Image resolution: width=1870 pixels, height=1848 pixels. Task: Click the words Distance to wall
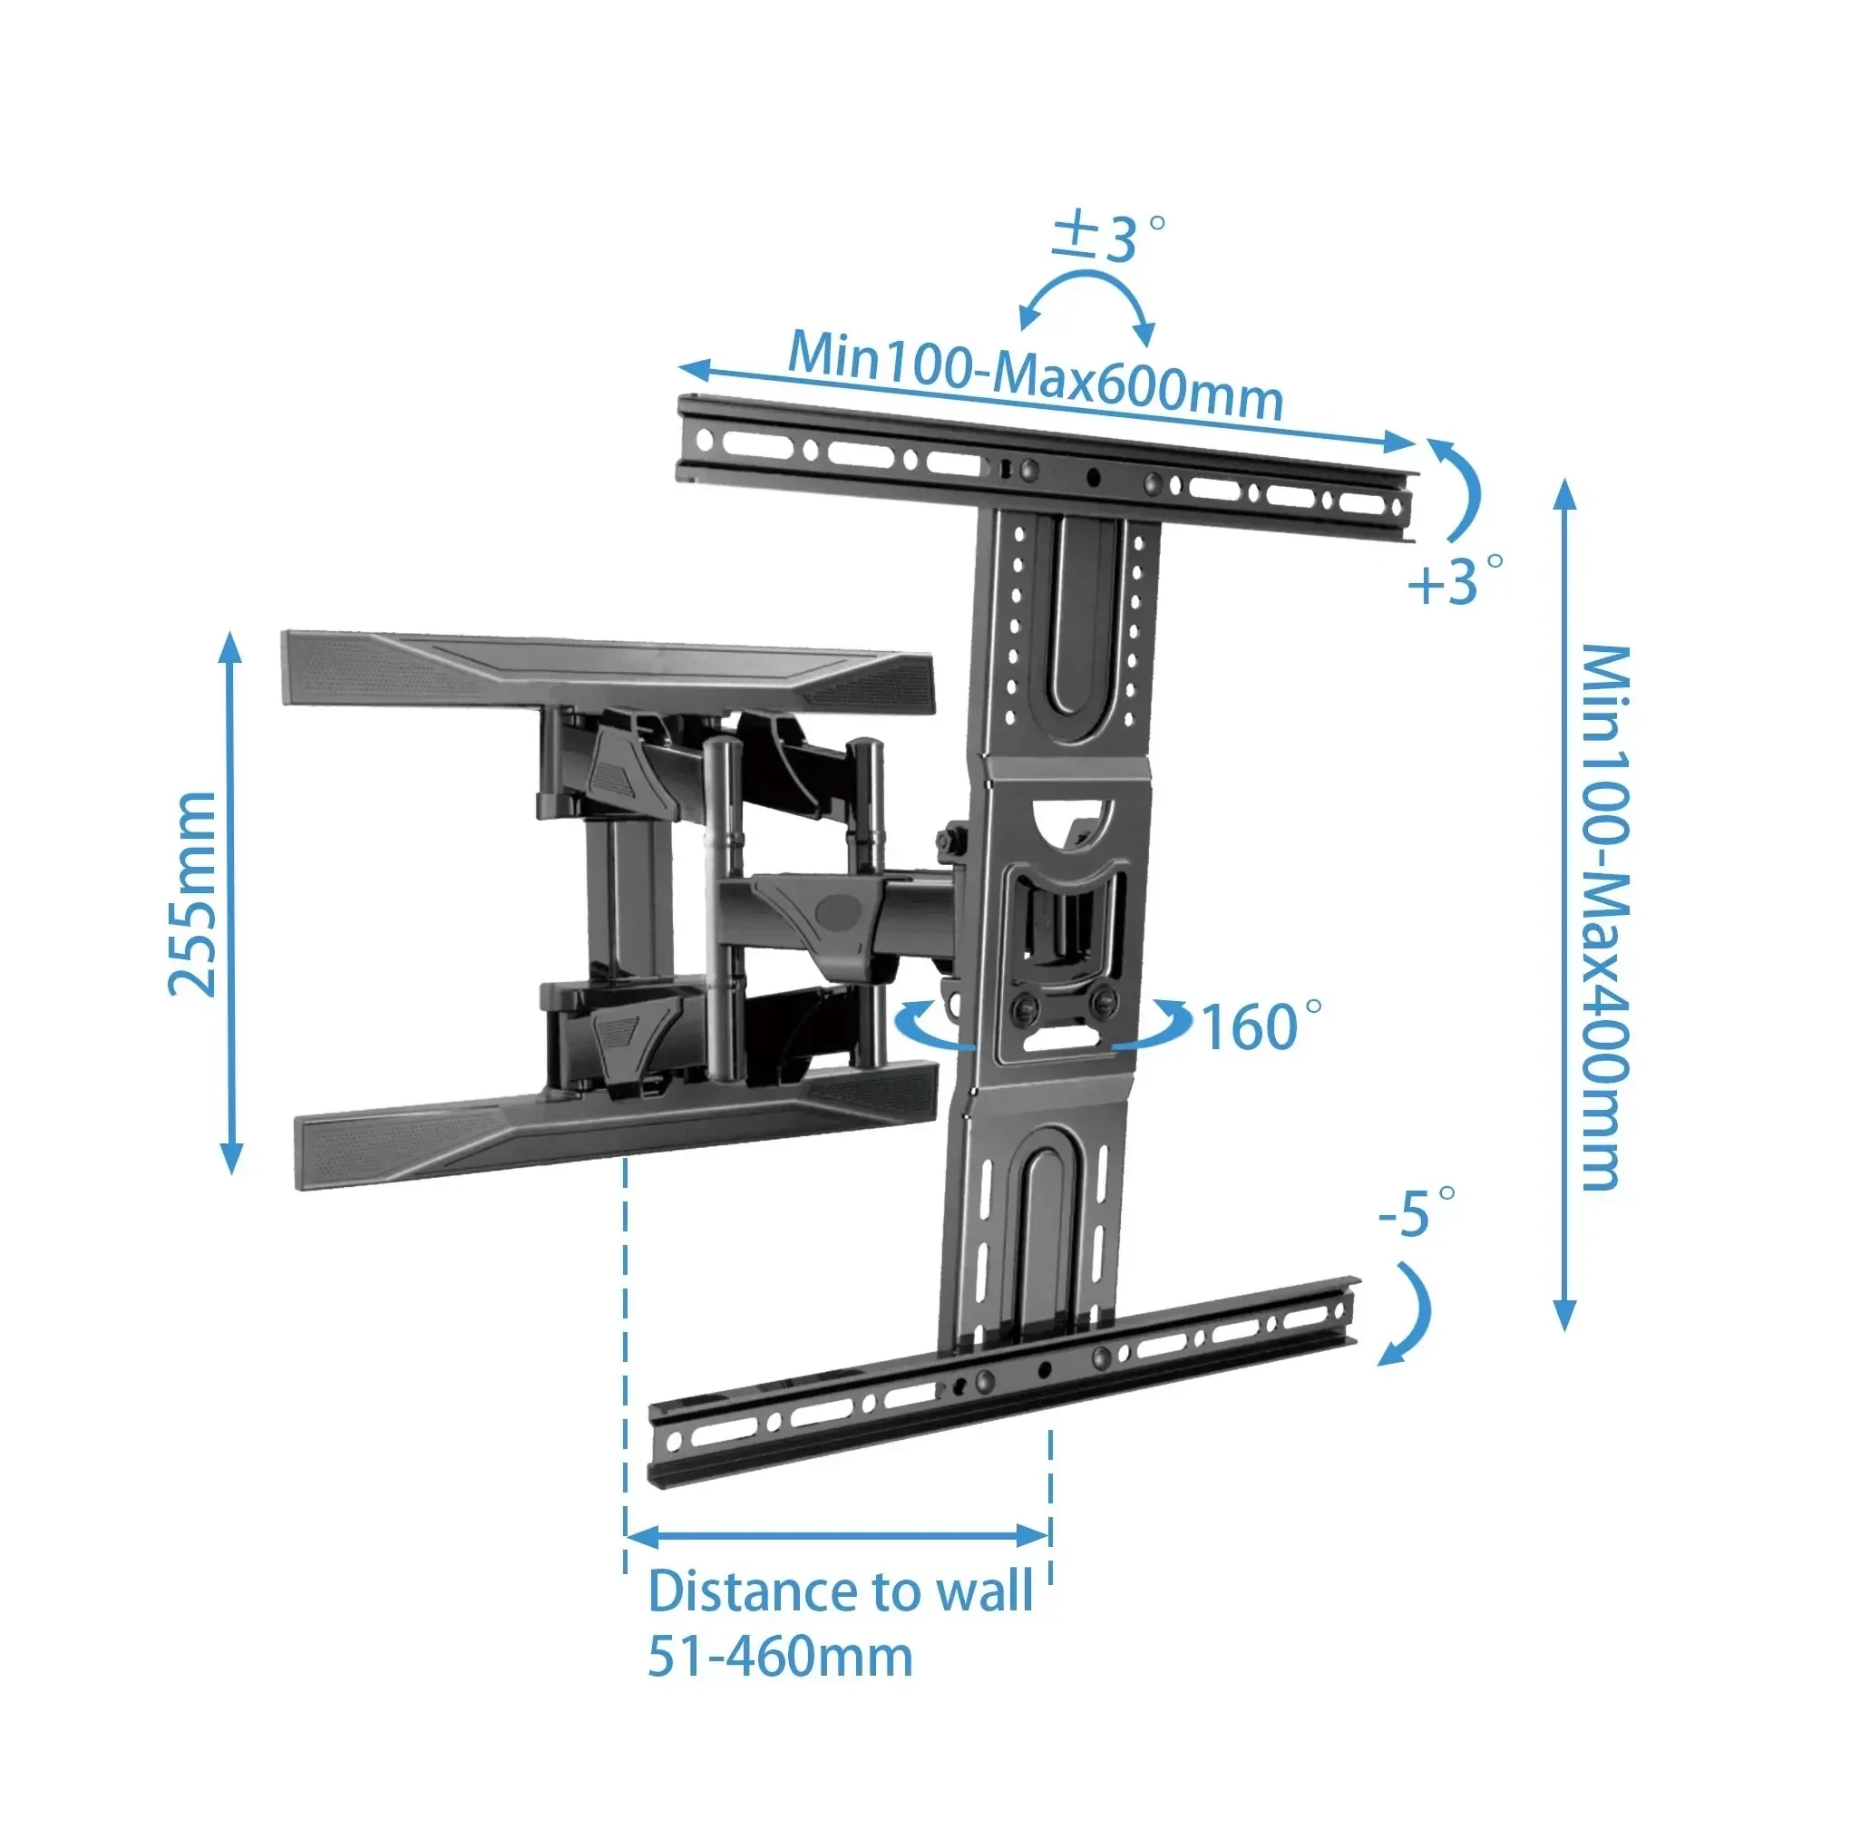840,1590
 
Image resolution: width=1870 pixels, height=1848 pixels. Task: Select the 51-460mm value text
780,1657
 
